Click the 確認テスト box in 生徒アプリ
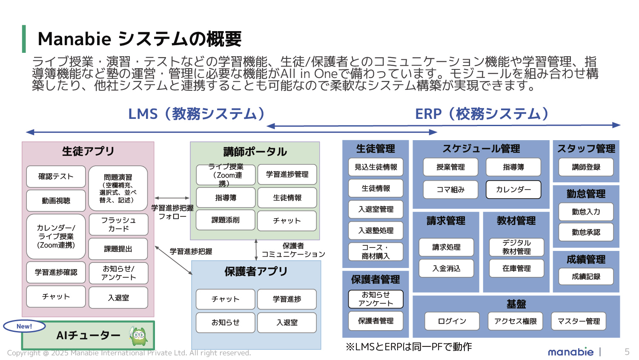56,176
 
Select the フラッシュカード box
118,224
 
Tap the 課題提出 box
118,249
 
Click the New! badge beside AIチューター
24,326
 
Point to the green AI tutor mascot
139,336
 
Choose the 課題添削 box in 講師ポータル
226,220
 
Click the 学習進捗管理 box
287,174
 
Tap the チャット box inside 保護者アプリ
226,299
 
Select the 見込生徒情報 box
376,167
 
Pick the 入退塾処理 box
376,230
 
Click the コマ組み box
451,190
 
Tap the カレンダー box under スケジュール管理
513,190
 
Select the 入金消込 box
447,268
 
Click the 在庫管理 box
517,268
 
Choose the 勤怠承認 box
586,232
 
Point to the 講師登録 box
586,167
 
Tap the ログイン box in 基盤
452,321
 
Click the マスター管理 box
579,321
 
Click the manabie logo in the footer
570,352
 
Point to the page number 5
627,352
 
